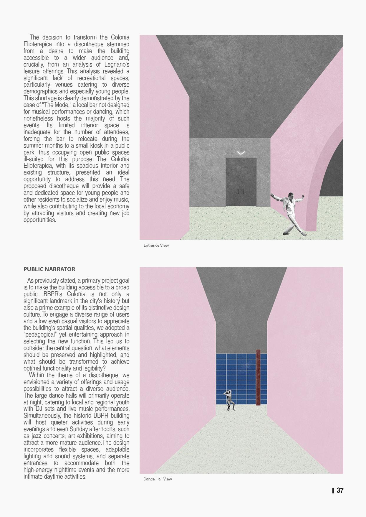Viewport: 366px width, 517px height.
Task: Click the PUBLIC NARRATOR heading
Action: coord(49,269)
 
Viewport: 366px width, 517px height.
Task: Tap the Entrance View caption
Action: coord(156,245)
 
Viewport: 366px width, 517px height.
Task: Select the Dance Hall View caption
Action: coord(158,479)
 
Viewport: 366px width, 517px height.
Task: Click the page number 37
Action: coord(340,490)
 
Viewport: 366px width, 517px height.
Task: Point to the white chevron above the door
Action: coord(241,153)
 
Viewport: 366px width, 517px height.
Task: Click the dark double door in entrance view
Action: coord(241,182)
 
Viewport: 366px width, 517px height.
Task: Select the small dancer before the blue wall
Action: coord(229,400)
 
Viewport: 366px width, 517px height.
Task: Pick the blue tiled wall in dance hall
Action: coord(236,374)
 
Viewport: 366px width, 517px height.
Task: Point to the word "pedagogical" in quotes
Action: coord(40,335)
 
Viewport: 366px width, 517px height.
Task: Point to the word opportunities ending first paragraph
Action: coord(40,220)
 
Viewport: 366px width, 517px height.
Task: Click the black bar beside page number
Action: coord(333,490)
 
